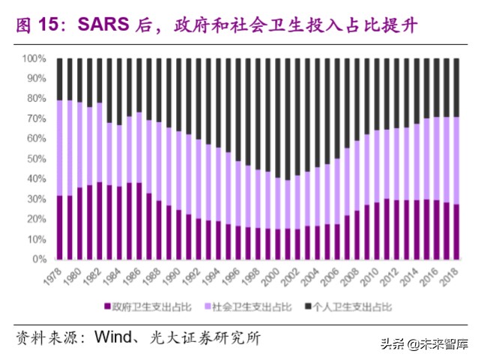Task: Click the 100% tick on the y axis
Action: coord(34,58)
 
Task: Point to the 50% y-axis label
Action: coord(37,159)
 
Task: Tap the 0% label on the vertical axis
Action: coord(40,259)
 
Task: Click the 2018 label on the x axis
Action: coord(452,276)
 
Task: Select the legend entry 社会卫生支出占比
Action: coord(251,307)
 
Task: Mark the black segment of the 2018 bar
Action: coord(456,87)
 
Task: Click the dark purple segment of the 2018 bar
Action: coord(456,232)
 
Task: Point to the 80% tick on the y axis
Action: coord(37,98)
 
